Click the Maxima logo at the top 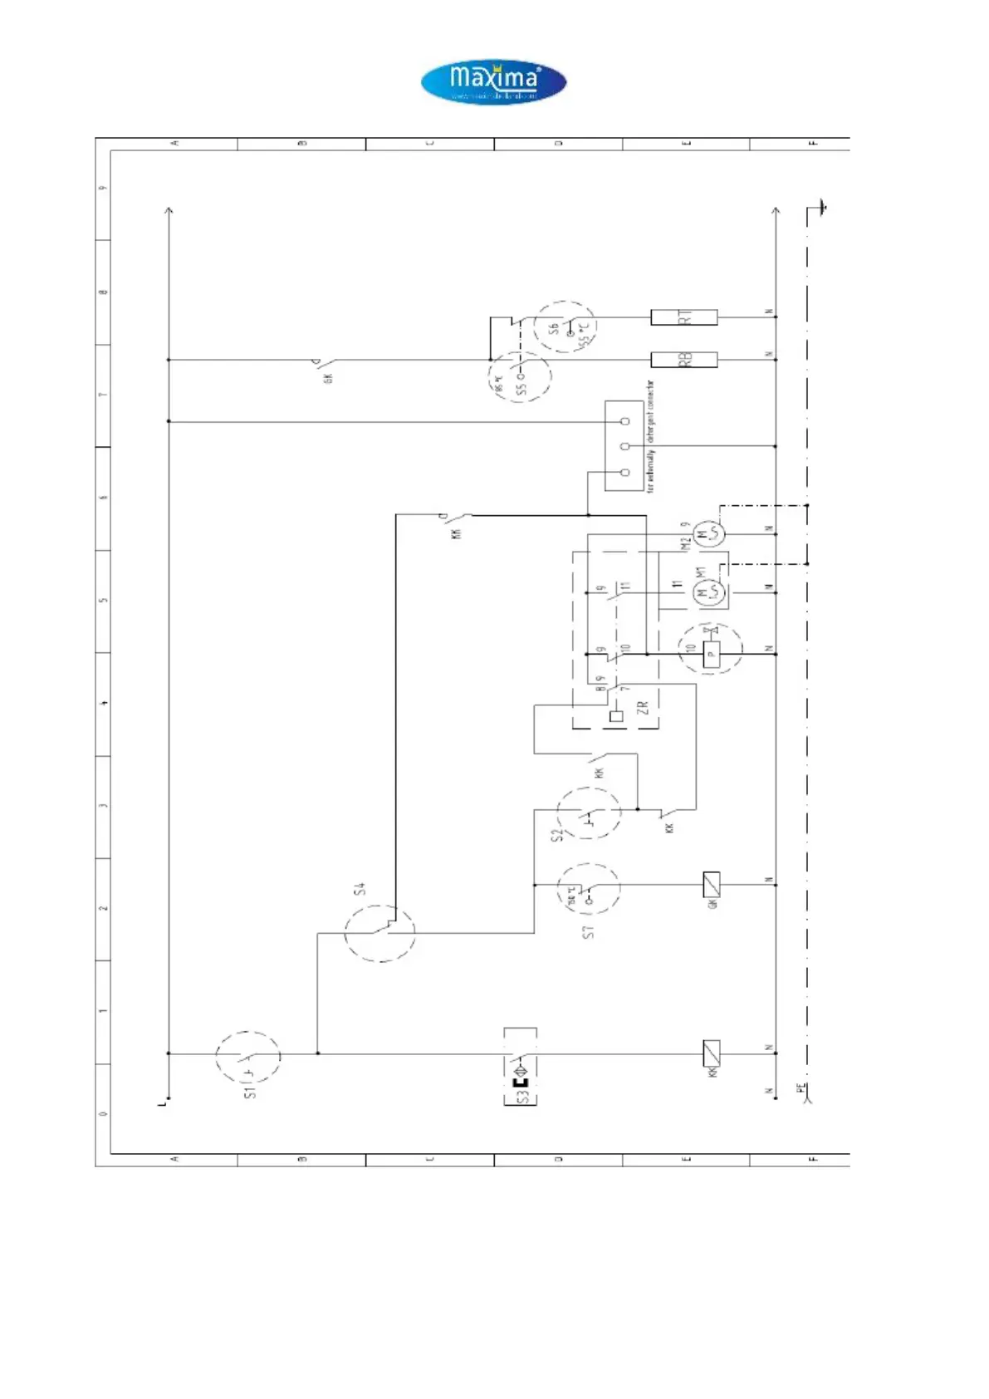click(493, 82)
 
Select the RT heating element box click(683, 317)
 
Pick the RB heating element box click(683, 360)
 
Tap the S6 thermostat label click(554, 329)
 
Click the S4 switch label click(360, 890)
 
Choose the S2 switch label click(558, 833)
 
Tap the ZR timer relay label click(641, 709)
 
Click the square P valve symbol click(711, 655)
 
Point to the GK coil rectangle click(712, 885)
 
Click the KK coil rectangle click(712, 1053)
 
